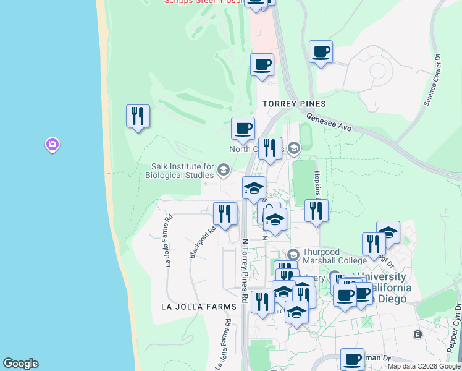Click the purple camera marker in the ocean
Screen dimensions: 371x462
coord(52,145)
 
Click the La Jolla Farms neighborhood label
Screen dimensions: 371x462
coord(198,307)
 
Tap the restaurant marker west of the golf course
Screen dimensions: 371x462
coord(138,116)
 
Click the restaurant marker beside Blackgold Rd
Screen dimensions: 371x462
coord(225,213)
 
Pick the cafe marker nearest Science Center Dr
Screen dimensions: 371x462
coord(321,51)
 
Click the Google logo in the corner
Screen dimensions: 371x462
coord(20,364)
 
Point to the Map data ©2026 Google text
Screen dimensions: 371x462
coord(424,366)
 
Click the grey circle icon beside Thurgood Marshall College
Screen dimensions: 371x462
coord(293,254)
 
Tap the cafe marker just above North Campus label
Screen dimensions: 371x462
coord(243,128)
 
